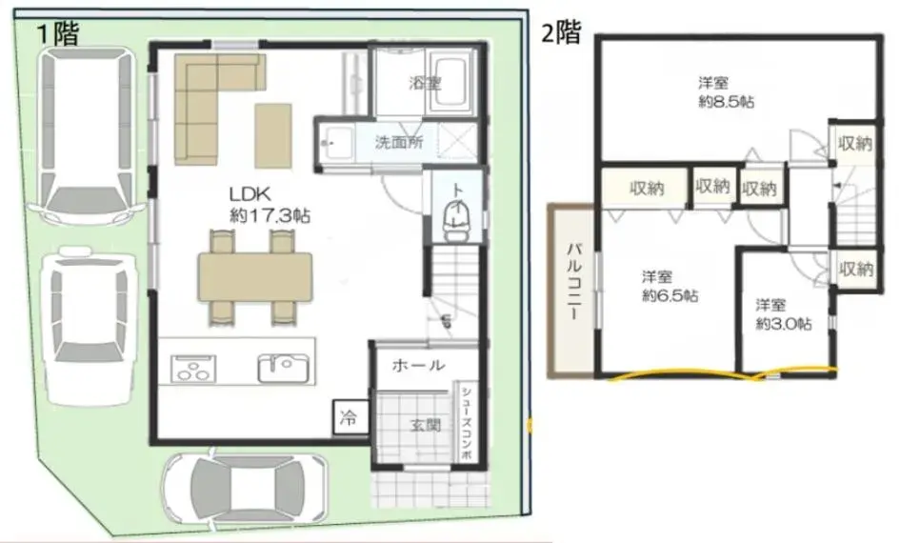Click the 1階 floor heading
(58, 34)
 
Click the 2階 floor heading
(561, 32)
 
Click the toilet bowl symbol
(457, 222)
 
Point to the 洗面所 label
(399, 142)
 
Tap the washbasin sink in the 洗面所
(337, 142)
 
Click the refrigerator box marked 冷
(349, 417)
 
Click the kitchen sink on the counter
(283, 368)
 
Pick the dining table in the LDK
(255, 276)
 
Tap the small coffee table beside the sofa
(273, 135)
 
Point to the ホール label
(418, 365)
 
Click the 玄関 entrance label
(426, 425)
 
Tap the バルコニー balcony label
(575, 281)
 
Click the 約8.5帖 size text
(726, 102)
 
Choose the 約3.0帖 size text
(784, 324)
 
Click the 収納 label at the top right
(855, 144)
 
